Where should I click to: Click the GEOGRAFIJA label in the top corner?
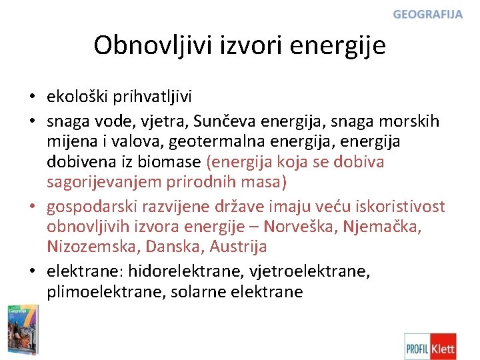click(427, 15)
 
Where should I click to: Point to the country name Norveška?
click(305, 226)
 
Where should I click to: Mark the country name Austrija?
click(238, 247)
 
